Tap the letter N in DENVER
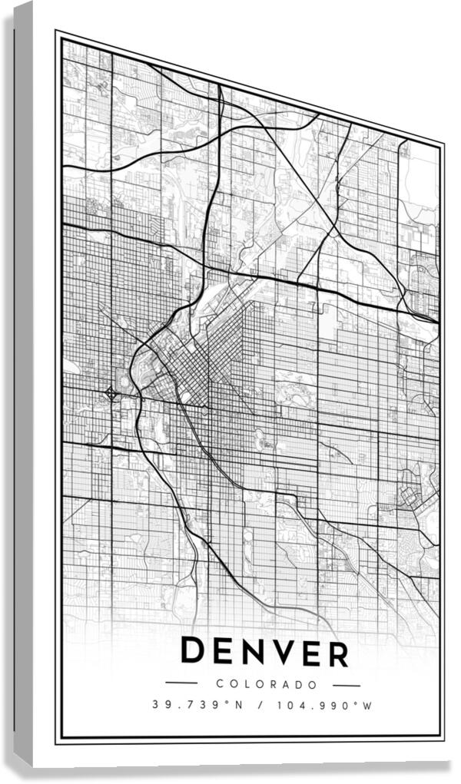251,653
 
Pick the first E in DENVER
222,653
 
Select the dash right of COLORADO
347,685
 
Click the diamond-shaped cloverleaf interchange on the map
111,394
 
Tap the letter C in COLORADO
219,683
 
